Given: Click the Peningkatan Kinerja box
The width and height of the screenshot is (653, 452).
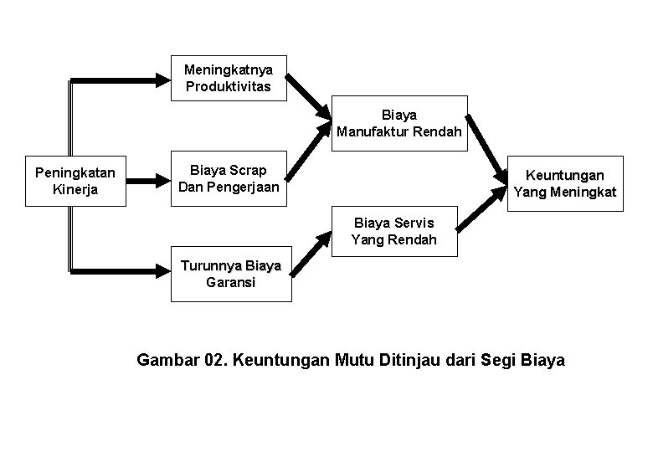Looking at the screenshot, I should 75,181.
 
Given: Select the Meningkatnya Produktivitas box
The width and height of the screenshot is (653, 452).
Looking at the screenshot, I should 229,79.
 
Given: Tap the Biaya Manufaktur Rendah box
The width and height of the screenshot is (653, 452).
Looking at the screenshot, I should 398,122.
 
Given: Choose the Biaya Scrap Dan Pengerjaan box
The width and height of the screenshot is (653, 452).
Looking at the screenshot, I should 228,178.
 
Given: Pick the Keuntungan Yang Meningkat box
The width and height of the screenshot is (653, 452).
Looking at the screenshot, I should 566,183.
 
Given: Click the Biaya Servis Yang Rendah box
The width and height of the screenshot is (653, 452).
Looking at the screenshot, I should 394,231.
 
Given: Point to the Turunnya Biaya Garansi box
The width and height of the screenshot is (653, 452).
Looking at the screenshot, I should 230,275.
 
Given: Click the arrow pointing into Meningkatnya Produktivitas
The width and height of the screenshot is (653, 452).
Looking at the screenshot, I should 126,80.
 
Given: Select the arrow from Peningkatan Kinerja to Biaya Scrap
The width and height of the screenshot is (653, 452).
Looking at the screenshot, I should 147,178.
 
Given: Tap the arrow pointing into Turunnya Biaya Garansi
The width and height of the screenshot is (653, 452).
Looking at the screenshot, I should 126,270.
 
